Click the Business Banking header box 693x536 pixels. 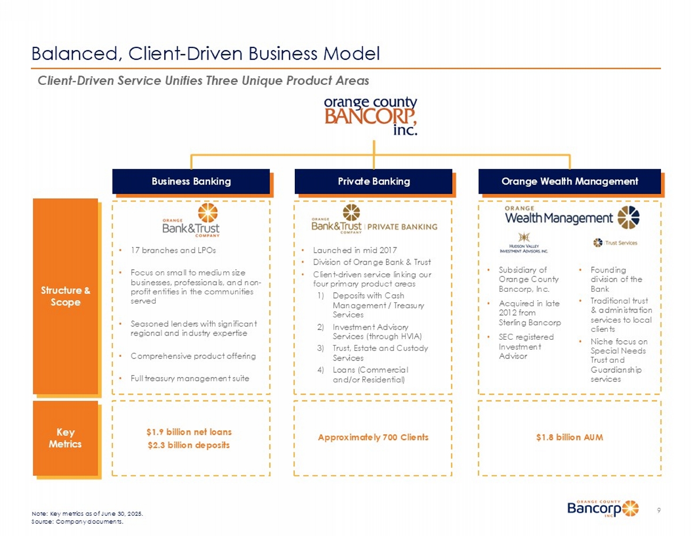coord(191,181)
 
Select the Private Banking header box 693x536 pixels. coord(374,181)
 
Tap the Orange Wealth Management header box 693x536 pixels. coord(569,181)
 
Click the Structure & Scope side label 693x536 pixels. coord(66,296)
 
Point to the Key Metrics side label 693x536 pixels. coord(66,438)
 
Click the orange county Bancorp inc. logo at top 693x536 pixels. coord(371,116)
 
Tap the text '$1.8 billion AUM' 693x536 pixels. coord(569,437)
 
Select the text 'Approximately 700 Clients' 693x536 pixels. coord(373,437)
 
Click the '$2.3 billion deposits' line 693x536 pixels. coord(189,445)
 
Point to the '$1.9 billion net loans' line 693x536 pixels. coord(189,432)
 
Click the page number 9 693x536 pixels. coord(659,510)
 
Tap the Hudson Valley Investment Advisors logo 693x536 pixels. coord(523,243)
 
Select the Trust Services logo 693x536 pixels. coord(615,243)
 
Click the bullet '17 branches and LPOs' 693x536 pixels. coord(173,250)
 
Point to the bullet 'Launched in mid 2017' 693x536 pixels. coord(354,250)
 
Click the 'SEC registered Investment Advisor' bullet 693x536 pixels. coord(526,347)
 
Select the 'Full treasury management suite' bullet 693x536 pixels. coord(190,378)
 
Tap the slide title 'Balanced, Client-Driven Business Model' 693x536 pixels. coord(206,53)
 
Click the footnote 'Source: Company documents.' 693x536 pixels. coord(77,522)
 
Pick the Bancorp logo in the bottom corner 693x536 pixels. coord(602,508)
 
